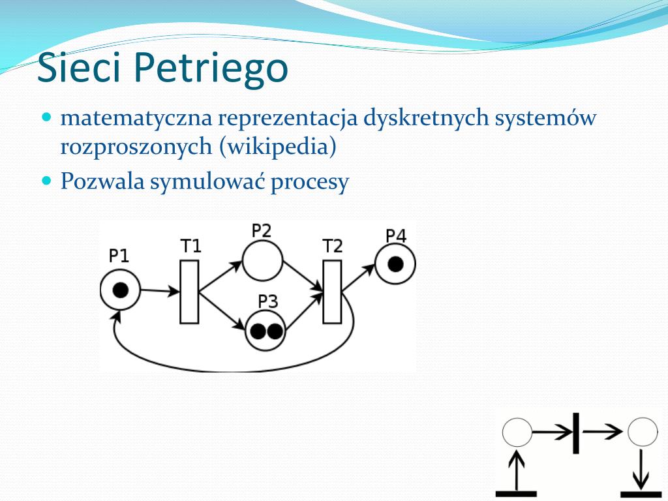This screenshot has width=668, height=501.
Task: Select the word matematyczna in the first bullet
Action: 136,118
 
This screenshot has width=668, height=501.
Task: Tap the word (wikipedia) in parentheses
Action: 278,147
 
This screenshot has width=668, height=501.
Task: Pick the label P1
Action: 119,256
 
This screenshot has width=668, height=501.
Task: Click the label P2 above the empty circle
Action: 261,230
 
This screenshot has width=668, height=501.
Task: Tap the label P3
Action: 268,301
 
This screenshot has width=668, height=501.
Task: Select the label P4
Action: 396,235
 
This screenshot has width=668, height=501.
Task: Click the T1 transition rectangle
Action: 189,292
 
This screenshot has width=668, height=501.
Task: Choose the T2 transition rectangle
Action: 332,292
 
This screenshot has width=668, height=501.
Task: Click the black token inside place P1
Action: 121,290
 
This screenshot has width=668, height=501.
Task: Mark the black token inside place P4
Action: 396,264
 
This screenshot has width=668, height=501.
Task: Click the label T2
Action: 332,246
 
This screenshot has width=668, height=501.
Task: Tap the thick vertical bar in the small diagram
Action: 577,433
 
